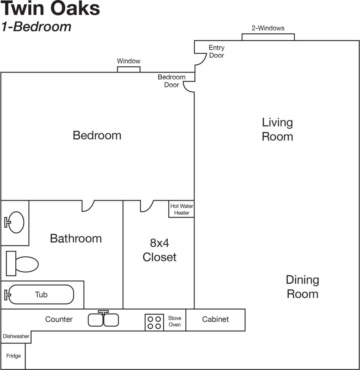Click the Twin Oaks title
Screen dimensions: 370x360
[x=51, y=9]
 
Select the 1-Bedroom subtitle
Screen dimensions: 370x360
[x=36, y=27]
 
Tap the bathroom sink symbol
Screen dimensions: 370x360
[x=15, y=222]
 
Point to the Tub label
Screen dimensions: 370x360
[x=41, y=295]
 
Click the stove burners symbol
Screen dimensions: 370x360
[x=154, y=322]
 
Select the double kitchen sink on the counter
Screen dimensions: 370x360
[x=103, y=320]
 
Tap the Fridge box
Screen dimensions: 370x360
[x=13, y=356]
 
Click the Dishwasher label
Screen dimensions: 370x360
[x=16, y=337]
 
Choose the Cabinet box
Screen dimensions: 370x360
[x=215, y=320]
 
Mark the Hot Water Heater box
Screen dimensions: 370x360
[x=181, y=209]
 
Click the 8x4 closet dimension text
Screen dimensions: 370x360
[x=159, y=243]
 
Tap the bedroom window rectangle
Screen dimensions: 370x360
[x=129, y=69]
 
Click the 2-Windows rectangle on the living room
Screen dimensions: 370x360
[x=268, y=37]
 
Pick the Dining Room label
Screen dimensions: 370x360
[x=302, y=287]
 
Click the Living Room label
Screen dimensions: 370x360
[x=277, y=129]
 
